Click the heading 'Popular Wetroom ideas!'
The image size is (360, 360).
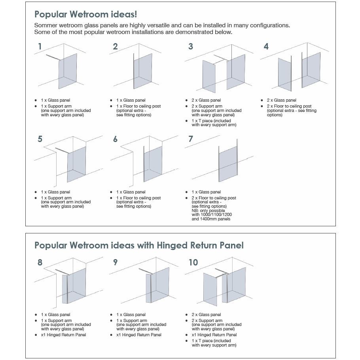pos(86,15)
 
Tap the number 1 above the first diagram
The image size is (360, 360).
pos(40,46)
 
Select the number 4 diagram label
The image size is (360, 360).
pos(266,46)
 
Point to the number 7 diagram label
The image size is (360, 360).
pos(191,139)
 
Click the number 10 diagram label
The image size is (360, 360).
pos(193,262)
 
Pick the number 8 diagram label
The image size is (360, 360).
pos(40,262)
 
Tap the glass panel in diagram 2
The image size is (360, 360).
pos(143,69)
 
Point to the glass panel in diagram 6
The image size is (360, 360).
pos(153,163)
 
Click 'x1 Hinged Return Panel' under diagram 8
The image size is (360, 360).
pos(63,335)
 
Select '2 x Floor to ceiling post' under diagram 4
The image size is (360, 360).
pos(289,106)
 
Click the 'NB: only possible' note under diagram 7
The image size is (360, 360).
pos(208,210)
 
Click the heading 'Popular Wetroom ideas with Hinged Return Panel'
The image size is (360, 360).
pos(139,245)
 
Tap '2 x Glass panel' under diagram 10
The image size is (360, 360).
pos(206,315)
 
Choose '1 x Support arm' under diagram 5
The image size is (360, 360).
pos(56,198)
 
